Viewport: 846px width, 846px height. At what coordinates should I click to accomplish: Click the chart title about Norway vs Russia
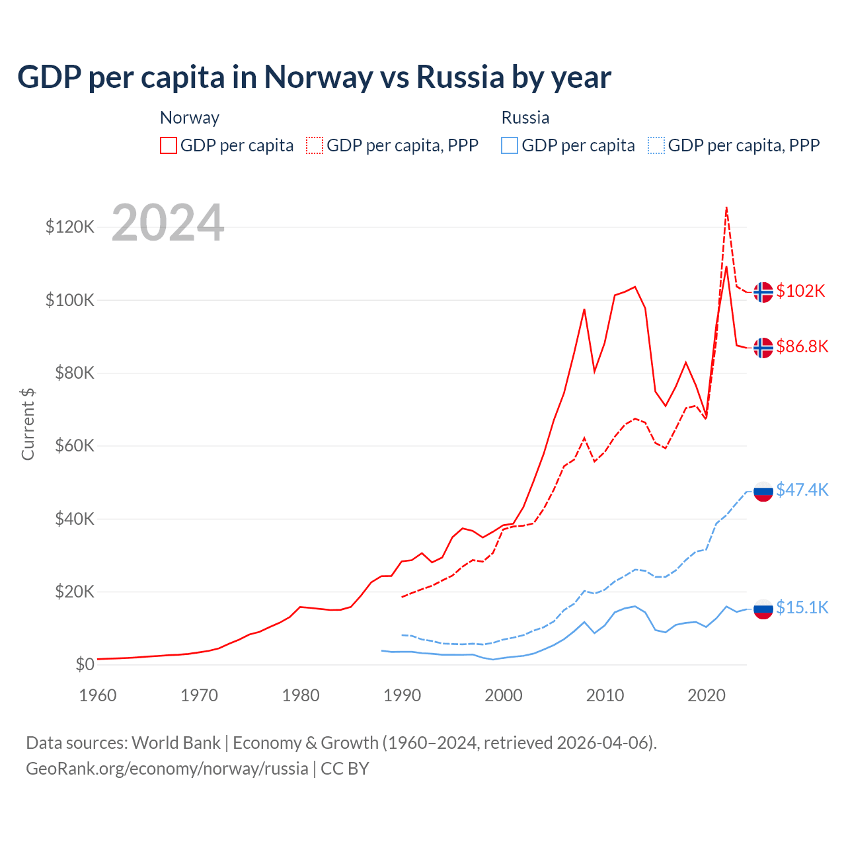click(x=314, y=77)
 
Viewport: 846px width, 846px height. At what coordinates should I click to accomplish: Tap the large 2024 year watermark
click(x=168, y=223)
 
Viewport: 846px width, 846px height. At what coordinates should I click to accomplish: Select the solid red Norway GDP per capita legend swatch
click(x=169, y=145)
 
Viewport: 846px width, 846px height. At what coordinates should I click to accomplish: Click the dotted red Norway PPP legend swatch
click(x=315, y=145)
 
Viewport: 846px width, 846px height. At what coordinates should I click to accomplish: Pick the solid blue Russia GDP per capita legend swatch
click(x=510, y=145)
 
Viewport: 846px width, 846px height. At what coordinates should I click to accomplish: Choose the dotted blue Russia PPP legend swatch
click(x=656, y=145)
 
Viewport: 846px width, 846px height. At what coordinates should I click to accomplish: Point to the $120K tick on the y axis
click(x=70, y=227)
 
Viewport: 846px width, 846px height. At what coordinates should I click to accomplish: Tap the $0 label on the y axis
click(x=85, y=664)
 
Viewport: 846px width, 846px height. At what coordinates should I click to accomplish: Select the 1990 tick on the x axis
click(x=402, y=695)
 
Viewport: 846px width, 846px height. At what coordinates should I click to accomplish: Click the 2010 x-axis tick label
click(x=605, y=695)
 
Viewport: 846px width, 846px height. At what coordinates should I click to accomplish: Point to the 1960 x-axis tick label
click(x=98, y=695)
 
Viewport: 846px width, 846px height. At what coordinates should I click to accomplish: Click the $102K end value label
click(x=800, y=291)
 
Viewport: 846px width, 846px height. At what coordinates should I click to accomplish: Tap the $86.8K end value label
click(x=802, y=346)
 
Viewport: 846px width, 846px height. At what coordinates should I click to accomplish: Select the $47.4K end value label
click(x=802, y=490)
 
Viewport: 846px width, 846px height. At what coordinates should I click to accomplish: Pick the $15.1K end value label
click(x=802, y=607)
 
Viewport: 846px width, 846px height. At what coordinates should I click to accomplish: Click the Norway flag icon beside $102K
click(x=763, y=291)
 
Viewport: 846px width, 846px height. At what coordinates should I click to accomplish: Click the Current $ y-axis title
click(x=28, y=424)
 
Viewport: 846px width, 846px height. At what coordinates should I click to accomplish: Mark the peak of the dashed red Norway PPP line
click(x=726, y=208)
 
